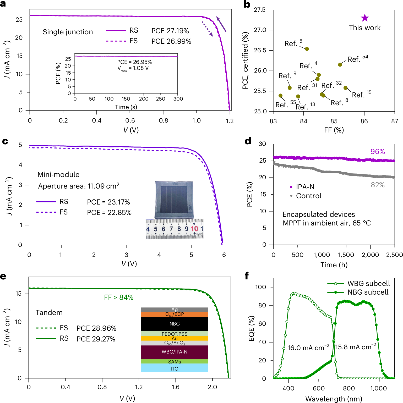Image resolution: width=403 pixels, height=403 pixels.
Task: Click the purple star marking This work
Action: [365, 18]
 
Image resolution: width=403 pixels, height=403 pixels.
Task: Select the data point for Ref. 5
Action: [307, 49]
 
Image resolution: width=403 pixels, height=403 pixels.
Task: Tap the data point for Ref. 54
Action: [340, 65]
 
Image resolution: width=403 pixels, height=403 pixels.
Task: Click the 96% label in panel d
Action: [378, 152]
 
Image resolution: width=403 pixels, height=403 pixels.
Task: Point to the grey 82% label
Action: [378, 185]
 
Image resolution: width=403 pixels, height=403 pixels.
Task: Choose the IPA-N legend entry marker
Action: [291, 187]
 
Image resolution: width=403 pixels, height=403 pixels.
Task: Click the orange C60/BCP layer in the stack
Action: [175, 314]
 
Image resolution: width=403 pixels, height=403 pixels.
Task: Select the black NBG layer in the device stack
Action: [175, 324]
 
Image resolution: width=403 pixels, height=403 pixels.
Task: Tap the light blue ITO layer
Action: [175, 368]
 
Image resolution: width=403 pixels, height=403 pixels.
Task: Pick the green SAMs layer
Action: [175, 361]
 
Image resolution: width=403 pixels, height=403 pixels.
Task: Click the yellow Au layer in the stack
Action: [175, 338]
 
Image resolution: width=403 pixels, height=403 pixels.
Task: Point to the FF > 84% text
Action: [119, 297]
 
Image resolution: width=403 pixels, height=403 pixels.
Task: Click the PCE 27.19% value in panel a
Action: [170, 31]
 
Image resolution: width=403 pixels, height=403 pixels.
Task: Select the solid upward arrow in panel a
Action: [221, 24]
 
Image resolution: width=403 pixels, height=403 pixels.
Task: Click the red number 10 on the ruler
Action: [194, 229]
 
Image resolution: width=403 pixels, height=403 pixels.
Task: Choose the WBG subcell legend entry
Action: [358, 284]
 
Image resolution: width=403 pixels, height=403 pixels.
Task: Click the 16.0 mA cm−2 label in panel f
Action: [308, 347]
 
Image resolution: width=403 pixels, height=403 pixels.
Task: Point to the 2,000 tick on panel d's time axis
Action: [370, 255]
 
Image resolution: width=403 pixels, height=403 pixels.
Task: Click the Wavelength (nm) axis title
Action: [334, 399]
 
